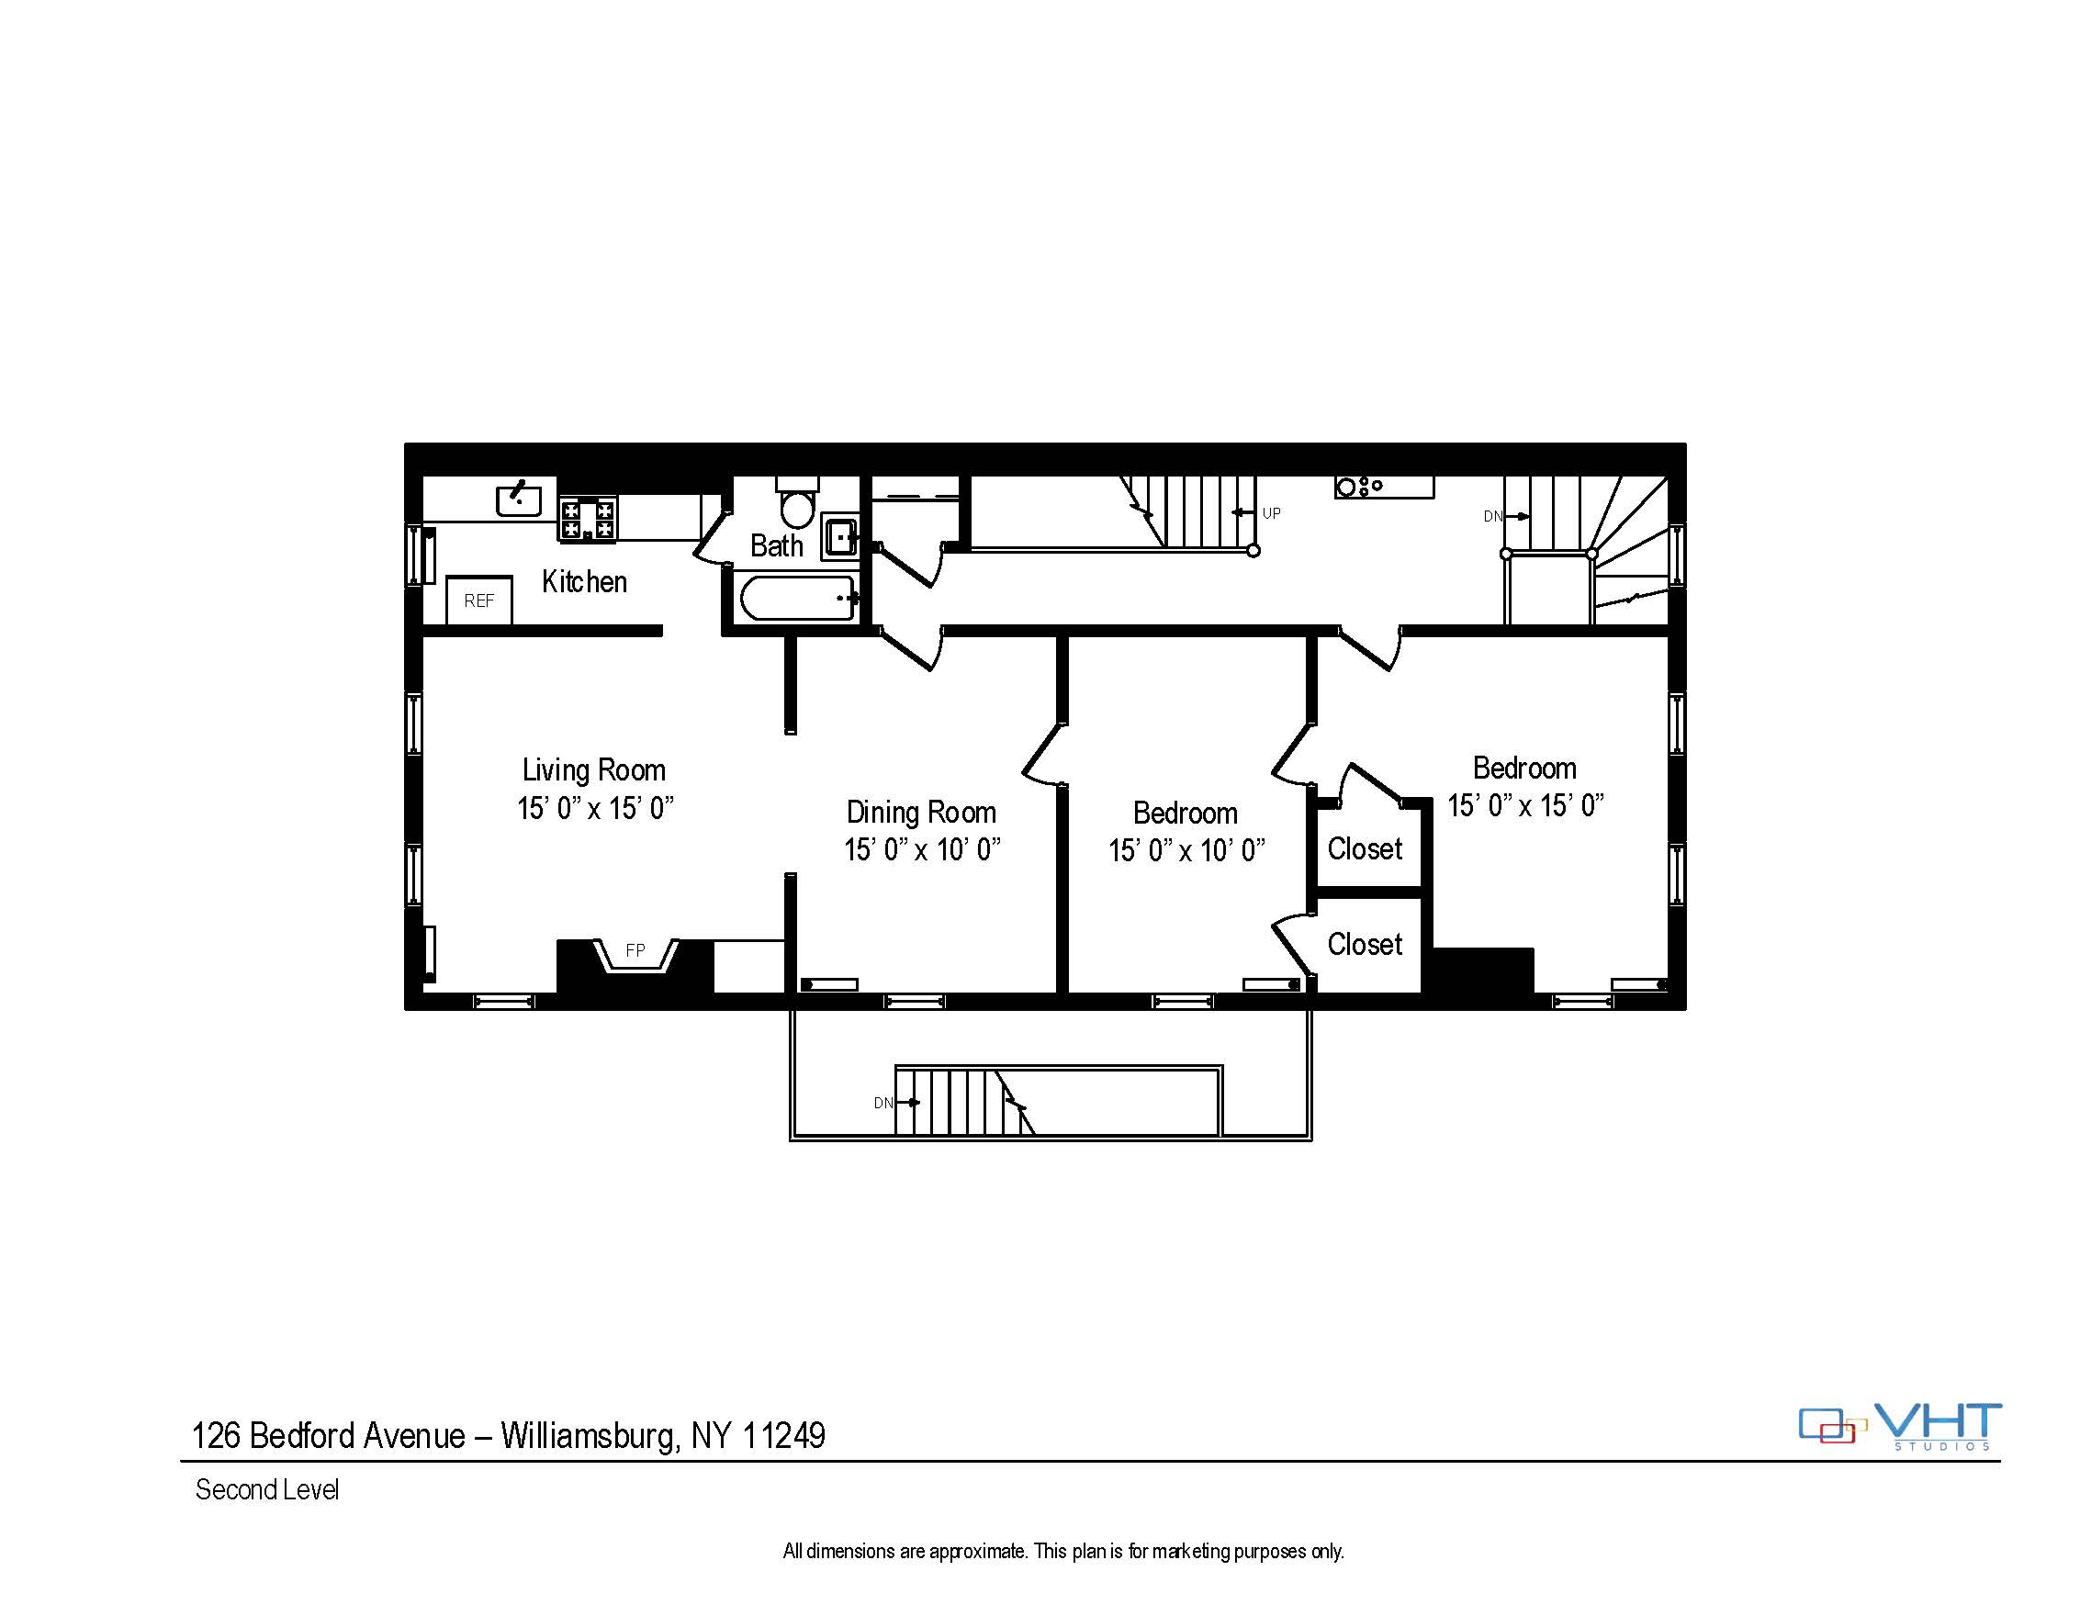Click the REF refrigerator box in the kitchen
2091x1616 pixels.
479,600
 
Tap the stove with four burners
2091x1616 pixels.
588,519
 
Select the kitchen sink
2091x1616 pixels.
519,499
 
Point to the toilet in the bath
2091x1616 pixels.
797,501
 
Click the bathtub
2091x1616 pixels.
797,598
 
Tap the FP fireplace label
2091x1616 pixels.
635,950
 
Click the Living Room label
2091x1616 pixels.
593,769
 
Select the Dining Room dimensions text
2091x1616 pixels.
922,849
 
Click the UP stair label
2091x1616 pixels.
1272,513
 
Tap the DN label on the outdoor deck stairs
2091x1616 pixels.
882,1103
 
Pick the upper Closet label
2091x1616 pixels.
1365,848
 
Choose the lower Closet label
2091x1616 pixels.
1365,944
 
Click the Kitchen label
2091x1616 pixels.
584,581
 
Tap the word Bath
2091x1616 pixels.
777,545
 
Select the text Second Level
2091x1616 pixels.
267,1489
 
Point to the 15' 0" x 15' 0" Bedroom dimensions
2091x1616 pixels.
1525,805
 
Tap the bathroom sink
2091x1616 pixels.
839,536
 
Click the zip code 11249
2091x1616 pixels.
783,1435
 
